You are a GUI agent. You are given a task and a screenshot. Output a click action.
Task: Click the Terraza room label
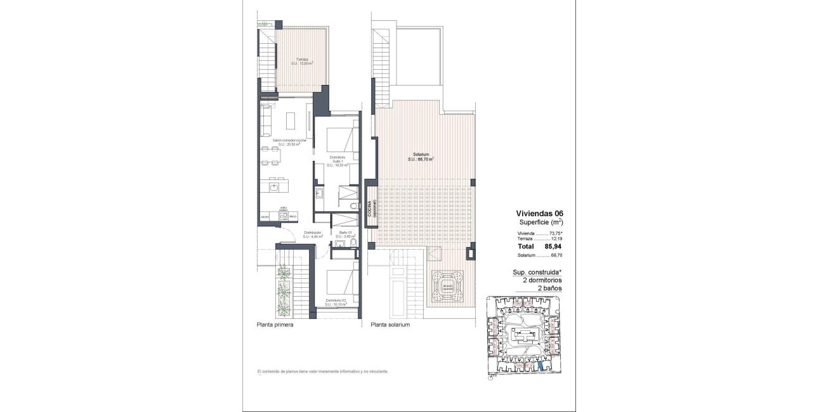click(303, 61)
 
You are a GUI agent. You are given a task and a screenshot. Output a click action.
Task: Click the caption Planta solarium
click(390, 325)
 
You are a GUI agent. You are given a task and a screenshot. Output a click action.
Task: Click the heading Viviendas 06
click(539, 214)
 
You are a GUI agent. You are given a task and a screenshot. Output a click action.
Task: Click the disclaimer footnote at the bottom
click(322, 371)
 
